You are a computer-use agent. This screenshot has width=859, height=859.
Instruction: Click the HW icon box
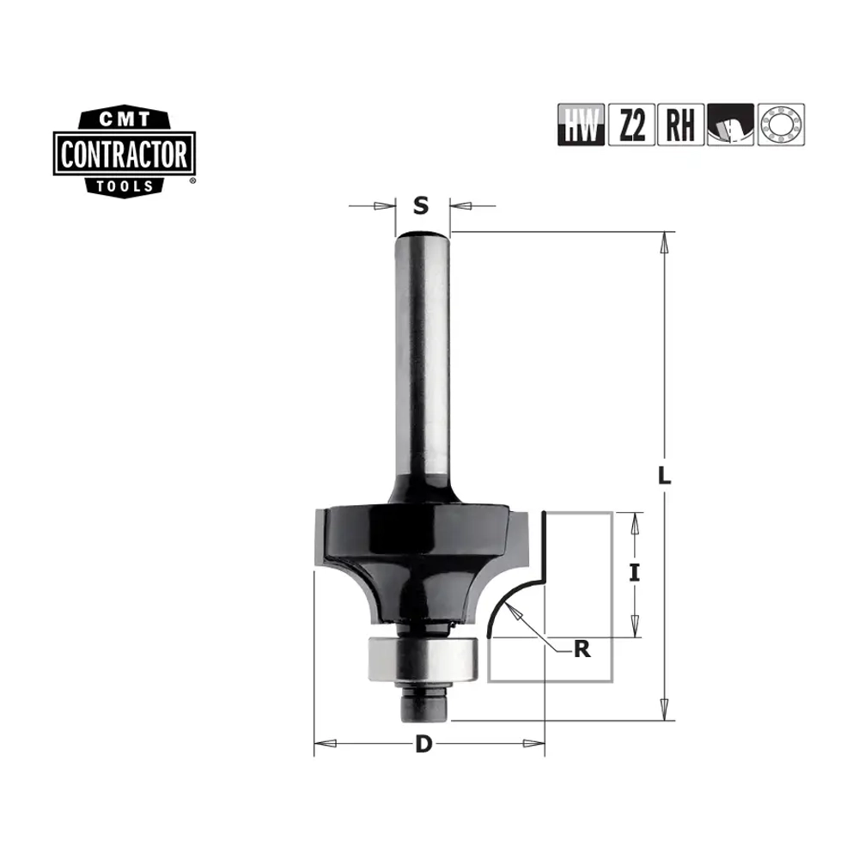point(581,125)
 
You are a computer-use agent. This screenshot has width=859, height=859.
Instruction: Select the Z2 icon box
point(631,125)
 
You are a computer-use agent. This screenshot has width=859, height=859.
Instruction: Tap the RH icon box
point(680,125)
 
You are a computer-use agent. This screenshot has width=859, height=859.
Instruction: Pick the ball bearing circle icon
point(781,125)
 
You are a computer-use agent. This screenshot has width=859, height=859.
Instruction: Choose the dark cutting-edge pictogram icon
point(730,125)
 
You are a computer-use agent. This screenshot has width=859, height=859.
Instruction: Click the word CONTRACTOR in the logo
point(125,154)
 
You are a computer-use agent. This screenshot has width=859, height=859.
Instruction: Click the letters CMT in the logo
point(125,119)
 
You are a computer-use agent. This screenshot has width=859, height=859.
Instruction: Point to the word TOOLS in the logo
point(125,186)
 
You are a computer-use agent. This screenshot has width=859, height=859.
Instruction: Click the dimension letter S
point(421,206)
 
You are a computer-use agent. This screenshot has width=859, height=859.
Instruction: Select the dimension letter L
point(664,476)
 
